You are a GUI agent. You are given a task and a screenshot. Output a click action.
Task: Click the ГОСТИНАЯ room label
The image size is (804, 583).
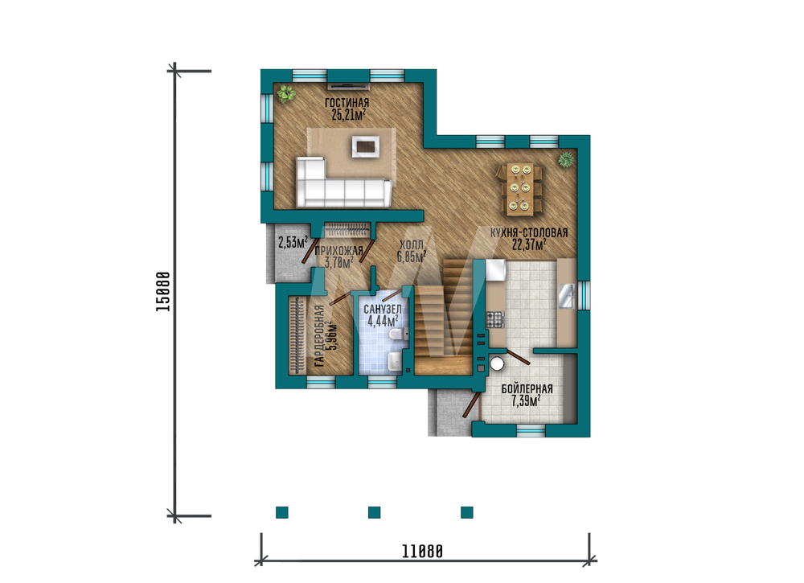(347, 103)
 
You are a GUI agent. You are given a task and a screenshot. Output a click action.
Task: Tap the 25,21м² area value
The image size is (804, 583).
(348, 114)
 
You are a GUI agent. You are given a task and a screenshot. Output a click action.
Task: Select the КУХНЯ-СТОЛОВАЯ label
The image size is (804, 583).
(529, 232)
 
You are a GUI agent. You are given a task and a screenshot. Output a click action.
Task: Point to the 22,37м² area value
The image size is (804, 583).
(529, 244)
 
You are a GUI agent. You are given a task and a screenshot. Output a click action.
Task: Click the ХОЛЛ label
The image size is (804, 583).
(411, 245)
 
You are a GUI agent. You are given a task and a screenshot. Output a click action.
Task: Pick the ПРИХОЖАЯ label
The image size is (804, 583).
(338, 251)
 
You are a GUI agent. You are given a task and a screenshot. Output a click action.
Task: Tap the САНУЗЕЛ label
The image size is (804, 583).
(383, 309)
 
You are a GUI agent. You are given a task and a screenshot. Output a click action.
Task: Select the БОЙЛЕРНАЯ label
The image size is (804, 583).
(527, 389)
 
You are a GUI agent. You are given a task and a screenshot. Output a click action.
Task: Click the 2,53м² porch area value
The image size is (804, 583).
(293, 242)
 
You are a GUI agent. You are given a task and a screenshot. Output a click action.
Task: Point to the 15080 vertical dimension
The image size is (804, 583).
(163, 291)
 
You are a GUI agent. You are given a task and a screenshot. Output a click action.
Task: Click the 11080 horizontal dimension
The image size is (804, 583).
(422, 552)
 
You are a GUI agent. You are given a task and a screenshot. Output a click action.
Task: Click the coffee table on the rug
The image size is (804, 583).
(366, 146)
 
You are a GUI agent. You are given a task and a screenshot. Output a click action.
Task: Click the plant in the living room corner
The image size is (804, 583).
(285, 94)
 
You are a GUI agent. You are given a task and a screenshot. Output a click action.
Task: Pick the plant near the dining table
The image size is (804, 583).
(565, 159)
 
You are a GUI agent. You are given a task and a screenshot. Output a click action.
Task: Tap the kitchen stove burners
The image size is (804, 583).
(496, 320)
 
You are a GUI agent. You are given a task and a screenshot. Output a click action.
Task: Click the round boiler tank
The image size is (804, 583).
(497, 363)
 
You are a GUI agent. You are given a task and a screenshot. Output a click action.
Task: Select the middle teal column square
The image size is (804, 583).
(375, 512)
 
